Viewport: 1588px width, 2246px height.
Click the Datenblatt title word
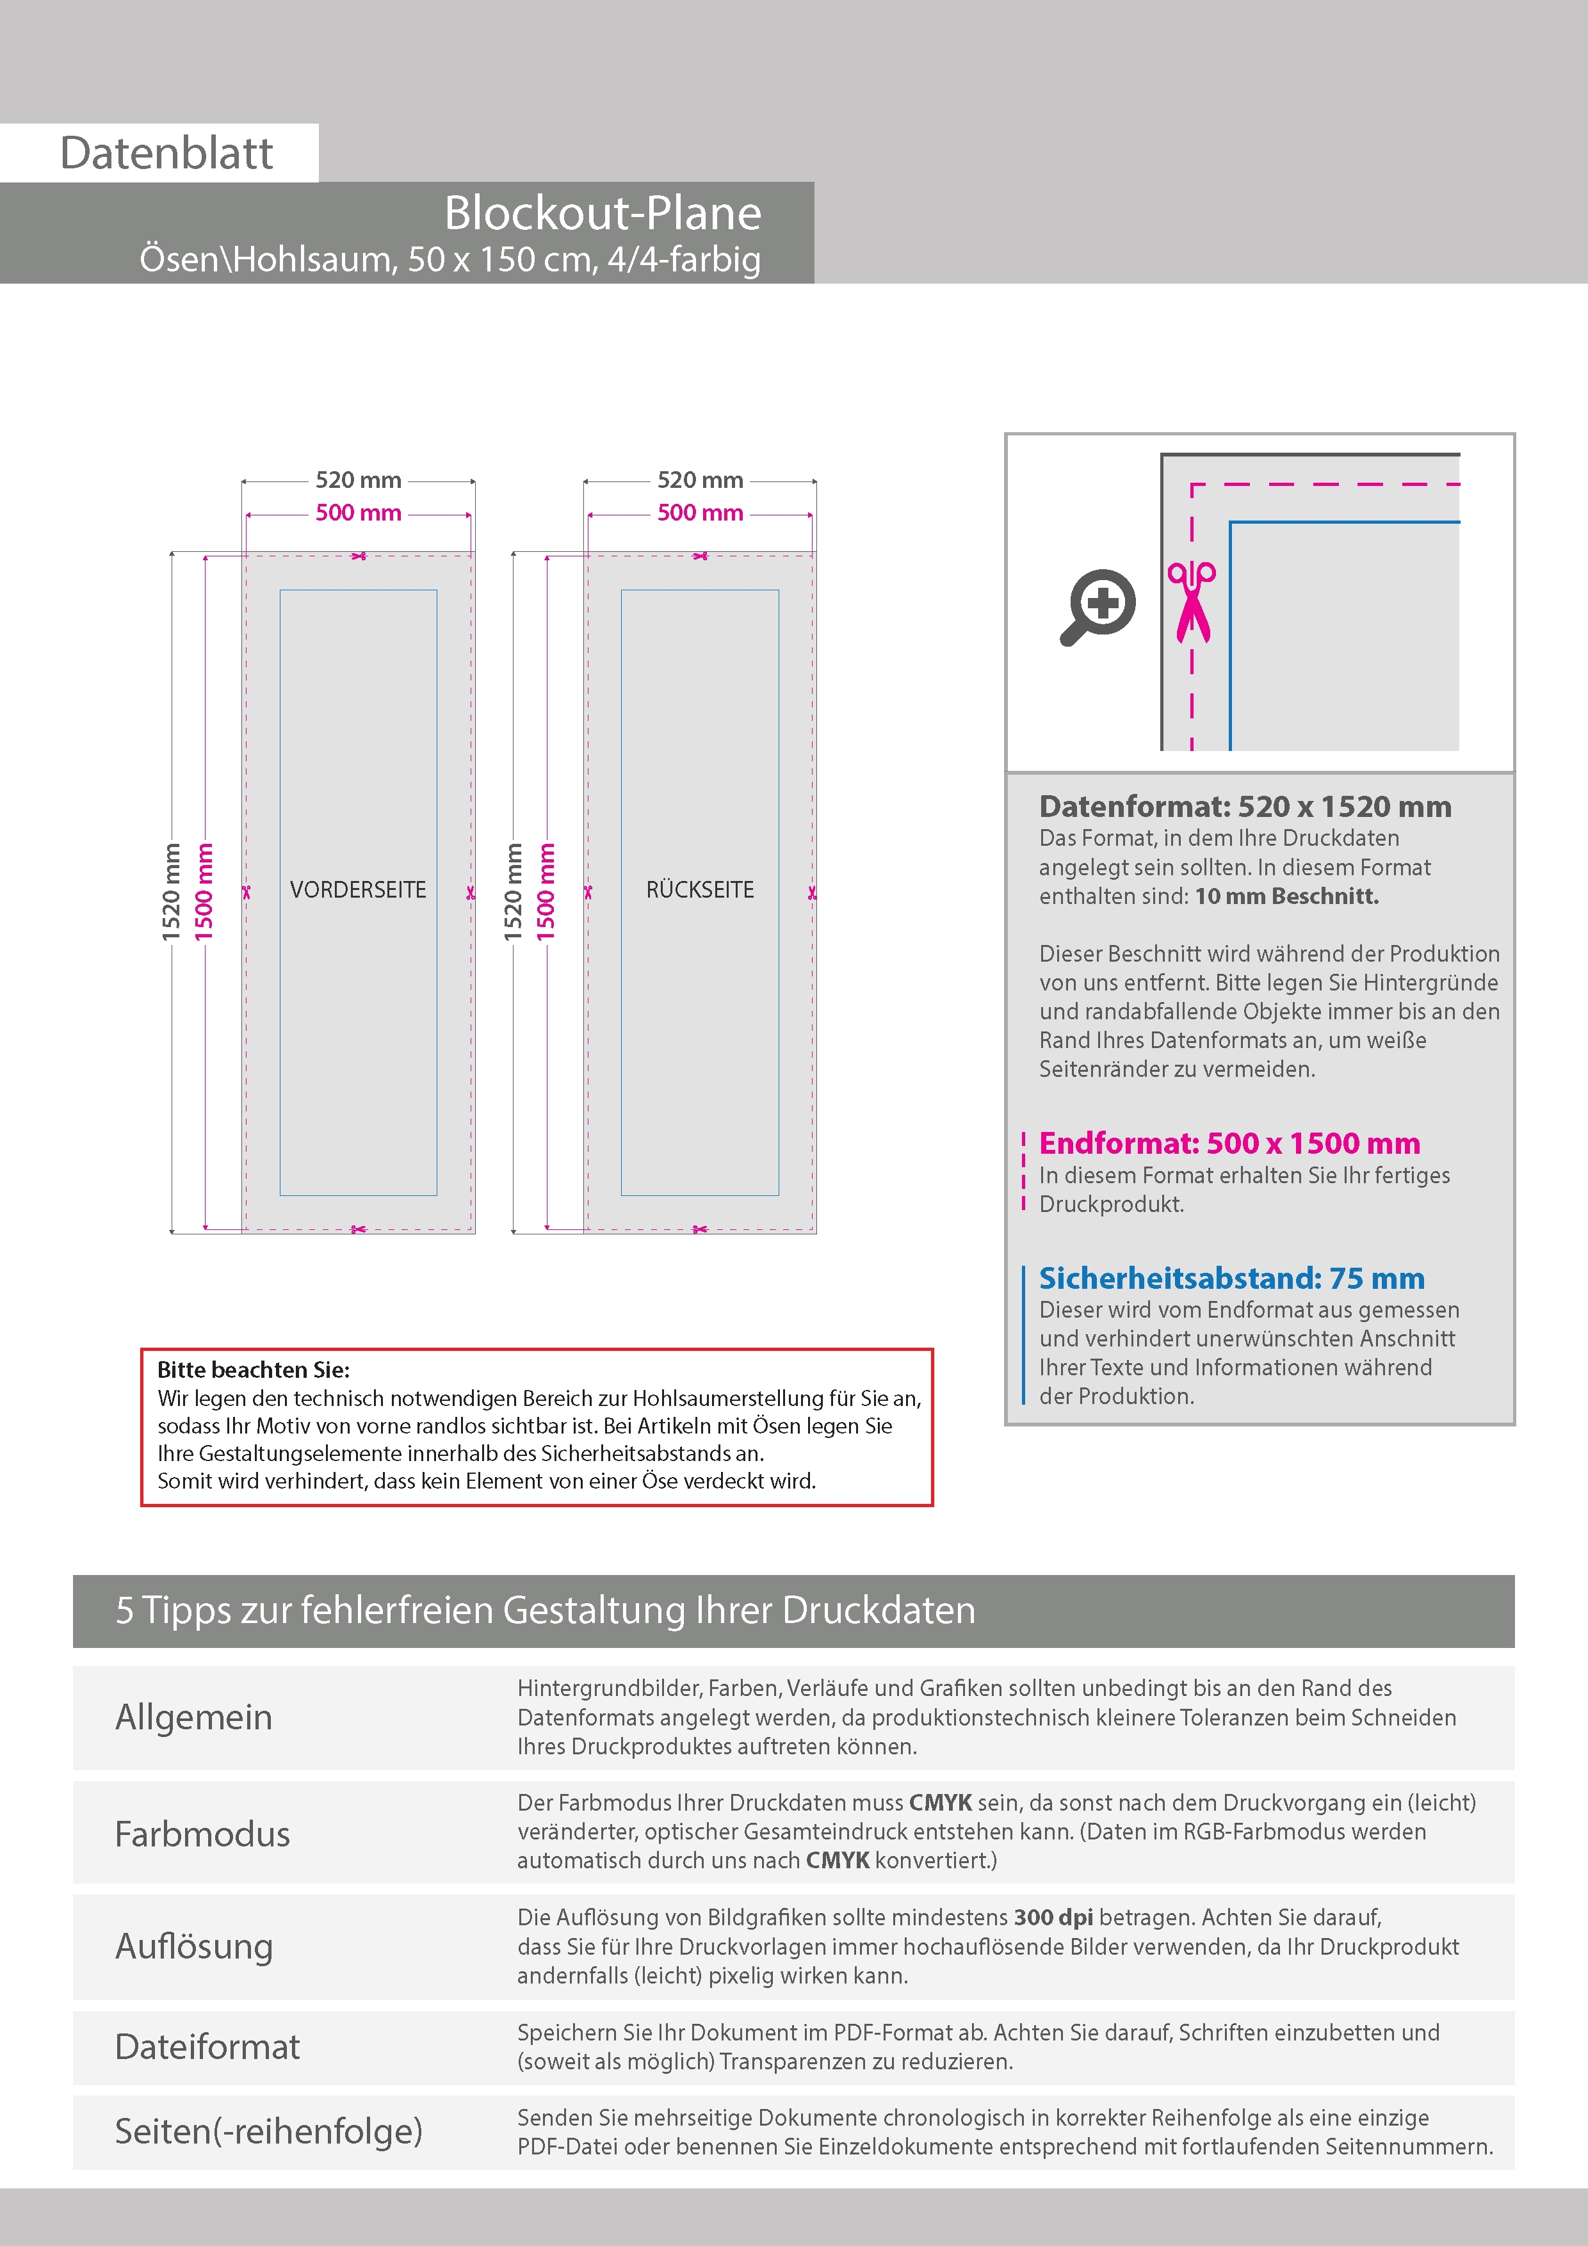166,154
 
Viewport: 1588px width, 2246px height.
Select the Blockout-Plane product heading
602,213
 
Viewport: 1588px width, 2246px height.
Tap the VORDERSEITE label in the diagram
358,890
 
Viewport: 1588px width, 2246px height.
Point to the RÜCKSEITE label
700,890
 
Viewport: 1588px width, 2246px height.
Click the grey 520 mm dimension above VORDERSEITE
358,480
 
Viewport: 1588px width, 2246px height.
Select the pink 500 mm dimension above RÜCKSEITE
700,513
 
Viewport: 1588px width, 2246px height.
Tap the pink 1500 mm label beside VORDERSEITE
204,891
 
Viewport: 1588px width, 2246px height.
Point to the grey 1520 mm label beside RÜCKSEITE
514,891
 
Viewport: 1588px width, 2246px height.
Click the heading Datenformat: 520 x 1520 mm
1245,807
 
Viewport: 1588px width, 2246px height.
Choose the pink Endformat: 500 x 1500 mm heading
1229,1143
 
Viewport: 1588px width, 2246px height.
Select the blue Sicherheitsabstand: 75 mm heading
1231,1279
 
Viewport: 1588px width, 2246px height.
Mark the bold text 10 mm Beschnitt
1286,897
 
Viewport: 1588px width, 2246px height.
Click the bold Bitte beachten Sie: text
254,1369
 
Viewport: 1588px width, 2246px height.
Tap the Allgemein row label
194,1718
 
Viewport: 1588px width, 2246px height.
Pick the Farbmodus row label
202,1834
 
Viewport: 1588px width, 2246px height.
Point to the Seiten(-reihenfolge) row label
268,2131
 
